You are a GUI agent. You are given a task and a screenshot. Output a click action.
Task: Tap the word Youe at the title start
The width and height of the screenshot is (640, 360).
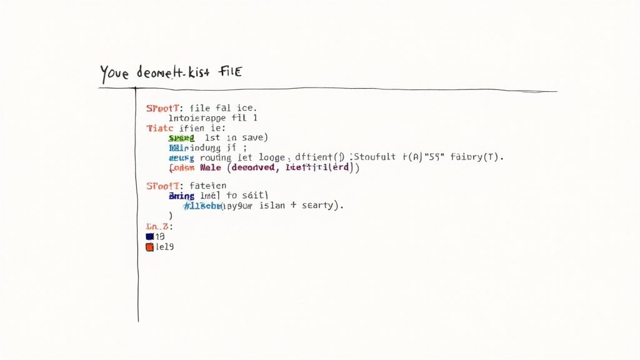[x=114, y=74]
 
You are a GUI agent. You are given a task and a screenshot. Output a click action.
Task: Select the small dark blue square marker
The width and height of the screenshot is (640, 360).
[x=149, y=237]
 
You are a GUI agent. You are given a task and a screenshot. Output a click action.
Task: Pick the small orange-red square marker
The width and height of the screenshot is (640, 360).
[x=149, y=247]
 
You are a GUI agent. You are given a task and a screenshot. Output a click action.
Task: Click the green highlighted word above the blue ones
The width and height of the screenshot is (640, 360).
[x=181, y=137]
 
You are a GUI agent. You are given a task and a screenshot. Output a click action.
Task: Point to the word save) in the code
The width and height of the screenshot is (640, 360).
[x=254, y=137]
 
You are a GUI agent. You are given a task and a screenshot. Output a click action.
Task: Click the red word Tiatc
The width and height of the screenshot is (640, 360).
[x=159, y=127]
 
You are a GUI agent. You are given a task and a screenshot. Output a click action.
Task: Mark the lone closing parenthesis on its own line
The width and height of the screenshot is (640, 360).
[x=170, y=216]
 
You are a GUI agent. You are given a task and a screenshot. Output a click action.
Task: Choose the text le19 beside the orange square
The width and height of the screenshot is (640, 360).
[x=165, y=247]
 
